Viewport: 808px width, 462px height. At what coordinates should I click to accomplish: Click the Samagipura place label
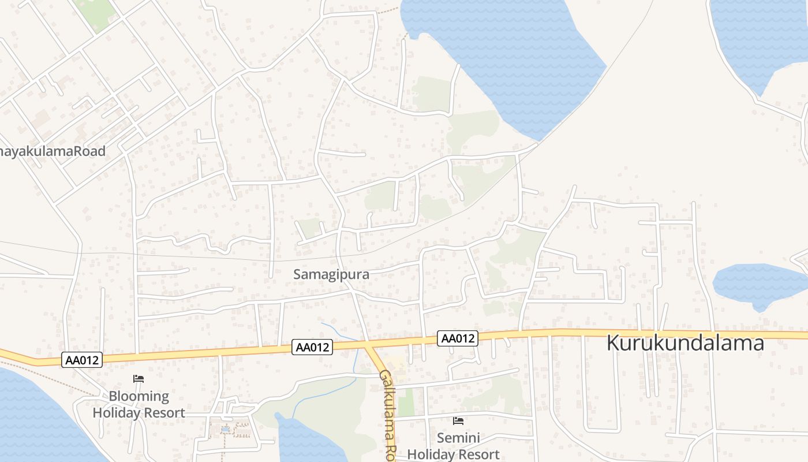pyautogui.click(x=331, y=274)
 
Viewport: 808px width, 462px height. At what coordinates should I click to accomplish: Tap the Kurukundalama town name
pyautogui.click(x=685, y=343)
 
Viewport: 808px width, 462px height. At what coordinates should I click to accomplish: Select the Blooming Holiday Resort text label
pyautogui.click(x=139, y=405)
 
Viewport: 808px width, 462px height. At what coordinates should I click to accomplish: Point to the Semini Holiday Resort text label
pyautogui.click(x=453, y=446)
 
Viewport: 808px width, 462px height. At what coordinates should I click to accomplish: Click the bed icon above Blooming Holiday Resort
pyautogui.click(x=139, y=379)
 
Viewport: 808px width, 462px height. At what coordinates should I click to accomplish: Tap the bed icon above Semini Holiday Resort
pyautogui.click(x=458, y=421)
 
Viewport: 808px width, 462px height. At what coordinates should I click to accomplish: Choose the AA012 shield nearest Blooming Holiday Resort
pyautogui.click(x=83, y=360)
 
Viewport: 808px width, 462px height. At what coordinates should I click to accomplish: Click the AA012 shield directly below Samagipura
pyautogui.click(x=313, y=347)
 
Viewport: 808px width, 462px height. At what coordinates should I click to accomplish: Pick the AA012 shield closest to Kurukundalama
pyautogui.click(x=458, y=338)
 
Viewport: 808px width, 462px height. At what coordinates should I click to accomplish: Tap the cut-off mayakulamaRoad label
pyautogui.click(x=53, y=151)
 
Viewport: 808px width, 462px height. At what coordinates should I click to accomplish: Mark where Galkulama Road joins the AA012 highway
pyautogui.click(x=368, y=344)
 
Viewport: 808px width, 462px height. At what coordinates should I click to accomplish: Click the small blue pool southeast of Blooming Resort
pyautogui.click(x=225, y=429)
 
